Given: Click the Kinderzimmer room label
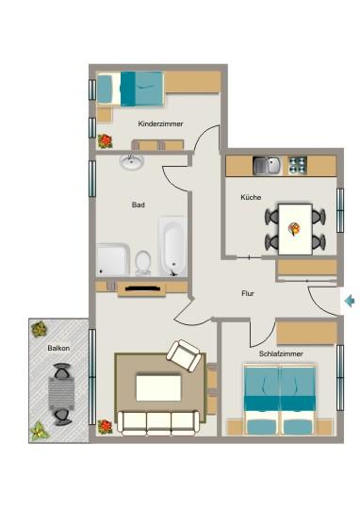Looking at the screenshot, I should pyautogui.click(x=160, y=123).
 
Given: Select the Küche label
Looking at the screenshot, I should pyautogui.click(x=251, y=198).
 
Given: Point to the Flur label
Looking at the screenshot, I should pyautogui.click(x=248, y=294).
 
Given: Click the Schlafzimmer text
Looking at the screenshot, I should pyautogui.click(x=282, y=353).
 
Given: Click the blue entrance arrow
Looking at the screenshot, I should pyautogui.click(x=350, y=302).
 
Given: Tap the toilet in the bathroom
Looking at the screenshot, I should pyautogui.click(x=143, y=261).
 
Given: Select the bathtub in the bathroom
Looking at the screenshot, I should pyautogui.click(x=172, y=246).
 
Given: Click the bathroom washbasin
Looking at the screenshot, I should pyautogui.click(x=132, y=162).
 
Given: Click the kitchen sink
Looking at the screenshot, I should pyautogui.click(x=269, y=166).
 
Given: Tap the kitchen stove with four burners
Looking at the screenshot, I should pyautogui.click(x=298, y=166).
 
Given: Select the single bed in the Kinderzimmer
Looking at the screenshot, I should pyautogui.click(x=130, y=90).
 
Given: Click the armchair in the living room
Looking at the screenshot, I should pyautogui.click(x=185, y=356).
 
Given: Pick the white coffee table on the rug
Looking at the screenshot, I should pyautogui.click(x=158, y=386).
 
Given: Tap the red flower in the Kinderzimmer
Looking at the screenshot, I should pyautogui.click(x=105, y=141).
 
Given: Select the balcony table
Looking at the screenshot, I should pyautogui.click(x=62, y=394).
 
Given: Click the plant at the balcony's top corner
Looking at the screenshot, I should pyautogui.click(x=39, y=330).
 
